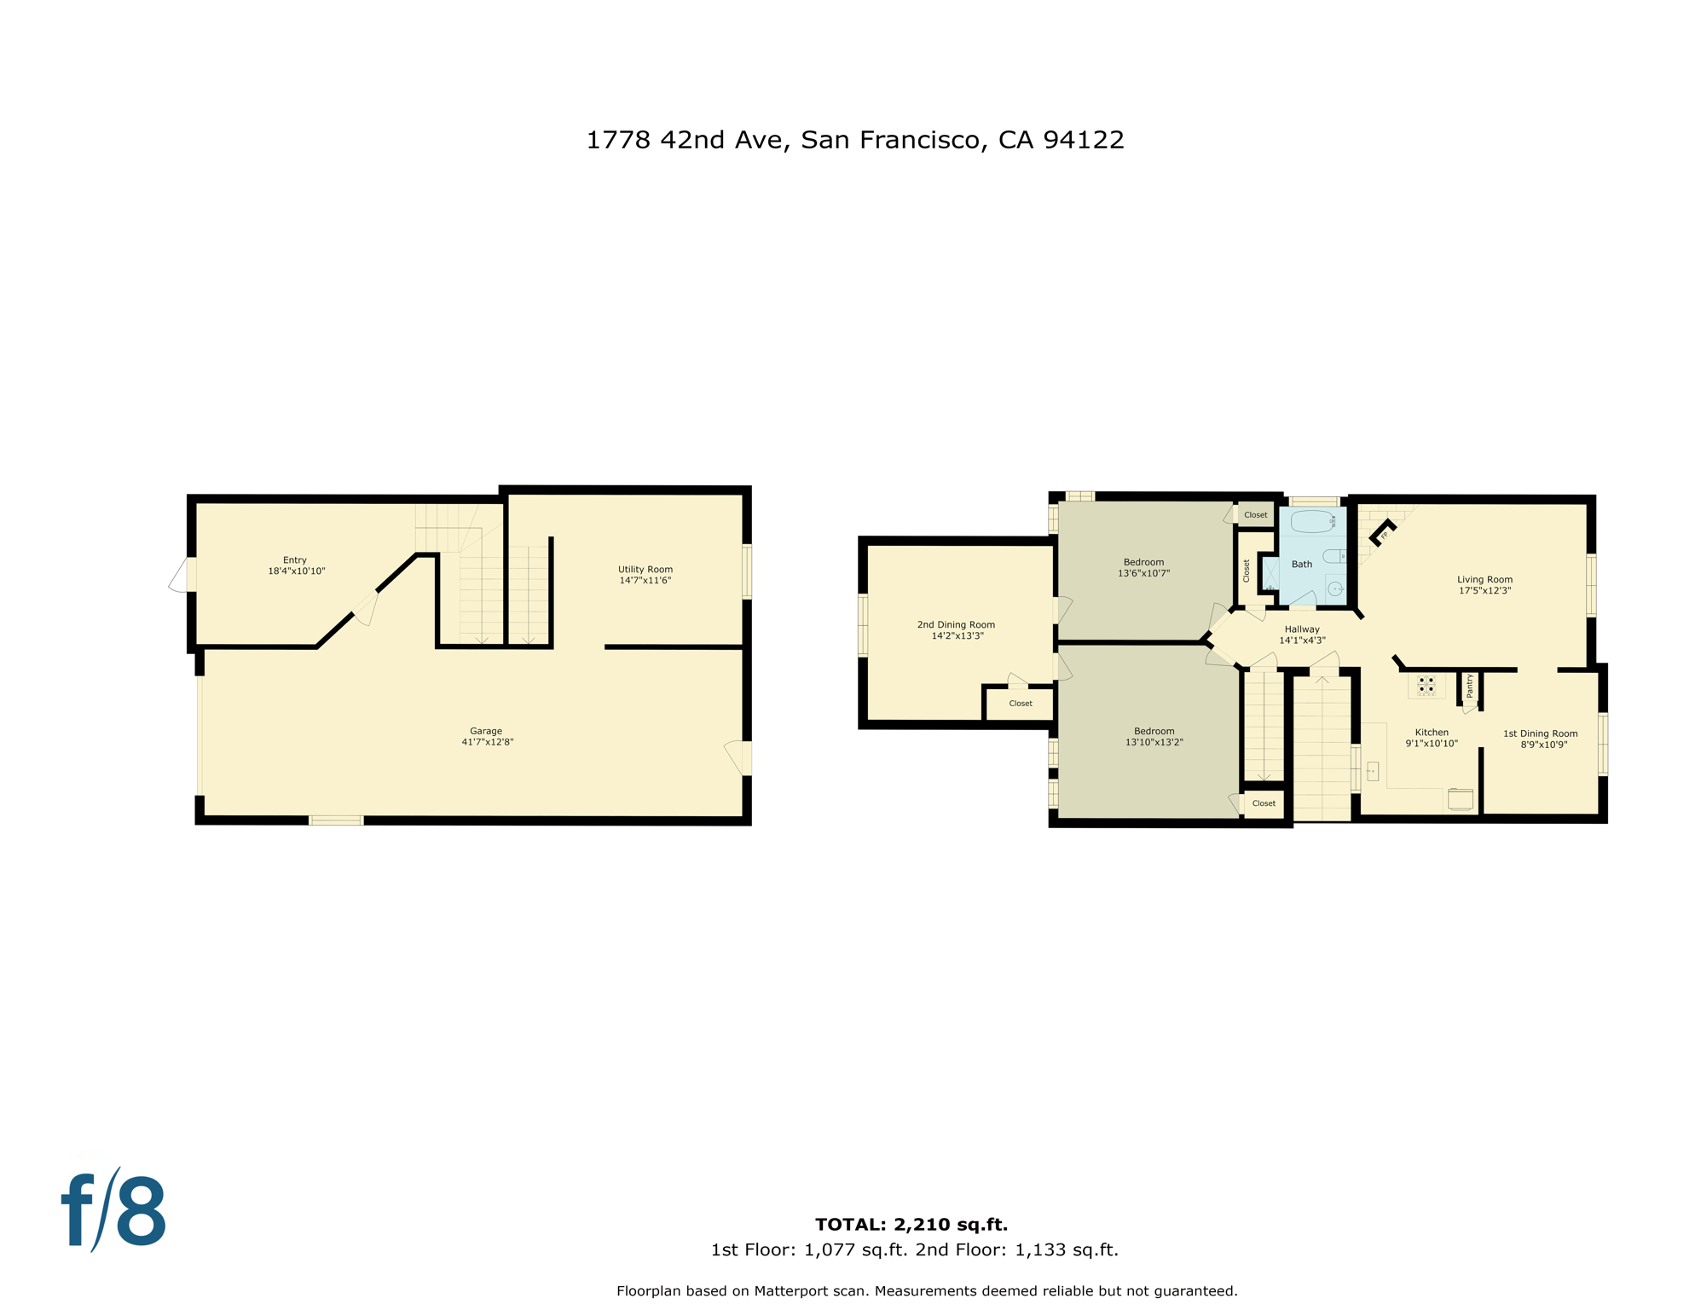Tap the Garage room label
click(x=486, y=731)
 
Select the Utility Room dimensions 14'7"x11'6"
click(x=645, y=581)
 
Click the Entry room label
click(x=295, y=560)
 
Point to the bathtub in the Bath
click(x=1311, y=521)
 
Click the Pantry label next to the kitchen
click(x=1470, y=686)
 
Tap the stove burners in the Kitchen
click(x=1426, y=685)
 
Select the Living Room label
click(x=1484, y=580)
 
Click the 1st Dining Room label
click(x=1540, y=733)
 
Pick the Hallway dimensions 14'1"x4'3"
click(x=1302, y=641)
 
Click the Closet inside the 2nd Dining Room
click(x=1021, y=704)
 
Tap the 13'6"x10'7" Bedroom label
click(x=1143, y=563)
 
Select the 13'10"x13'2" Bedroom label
click(x=1154, y=732)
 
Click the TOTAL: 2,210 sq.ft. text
click(x=911, y=1225)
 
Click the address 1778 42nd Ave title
click(x=854, y=140)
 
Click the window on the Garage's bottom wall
click(x=336, y=820)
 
